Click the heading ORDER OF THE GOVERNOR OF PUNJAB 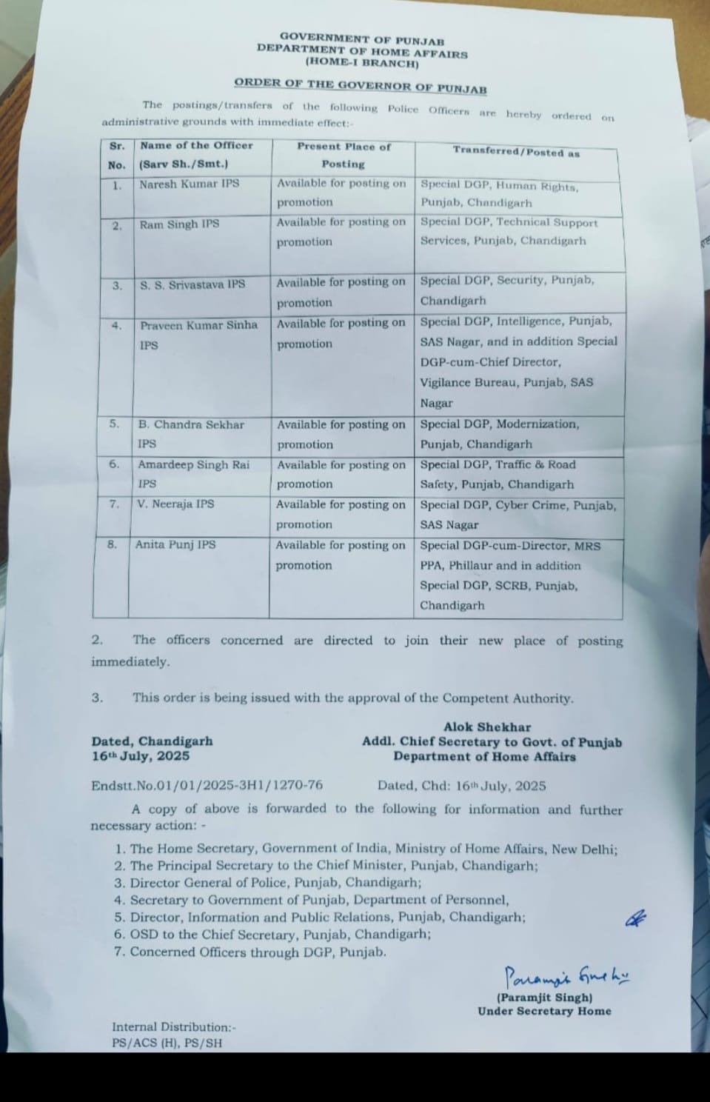361,86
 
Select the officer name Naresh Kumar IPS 190,183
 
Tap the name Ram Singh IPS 180,224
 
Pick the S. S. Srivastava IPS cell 192,284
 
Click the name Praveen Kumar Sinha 198,324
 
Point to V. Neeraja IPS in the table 175,504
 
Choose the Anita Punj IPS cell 175,544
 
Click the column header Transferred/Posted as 516,152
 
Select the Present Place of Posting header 344,155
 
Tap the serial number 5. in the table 114,424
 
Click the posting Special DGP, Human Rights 500,187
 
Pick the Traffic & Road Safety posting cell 498,474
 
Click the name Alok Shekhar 487,727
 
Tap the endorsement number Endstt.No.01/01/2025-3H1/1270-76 207,786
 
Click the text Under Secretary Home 544,1011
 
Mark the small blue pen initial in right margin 636,919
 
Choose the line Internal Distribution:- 174,1027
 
